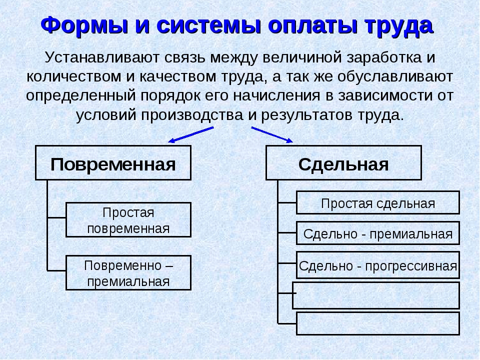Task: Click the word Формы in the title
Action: click(x=84, y=25)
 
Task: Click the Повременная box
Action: click(x=113, y=163)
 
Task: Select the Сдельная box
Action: click(x=343, y=163)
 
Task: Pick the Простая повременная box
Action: click(x=128, y=220)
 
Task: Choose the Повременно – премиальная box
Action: click(x=128, y=273)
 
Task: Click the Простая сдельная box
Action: click(x=378, y=202)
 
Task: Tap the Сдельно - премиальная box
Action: click(x=378, y=233)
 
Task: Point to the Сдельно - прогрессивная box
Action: click(x=378, y=265)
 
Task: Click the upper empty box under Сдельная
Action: click(x=376, y=295)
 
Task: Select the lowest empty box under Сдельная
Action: click(x=378, y=323)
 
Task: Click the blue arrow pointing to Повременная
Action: click(x=190, y=134)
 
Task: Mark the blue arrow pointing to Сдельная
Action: click(x=272, y=134)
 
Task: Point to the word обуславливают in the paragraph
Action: click(x=395, y=76)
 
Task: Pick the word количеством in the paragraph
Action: click(x=74, y=76)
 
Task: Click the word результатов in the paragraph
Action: click(x=306, y=115)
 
